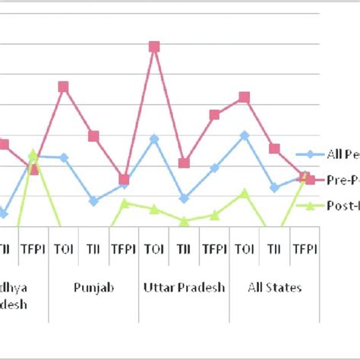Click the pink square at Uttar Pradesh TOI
coord(154,46)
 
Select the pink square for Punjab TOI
coord(63,87)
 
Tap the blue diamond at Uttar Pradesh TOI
coord(154,139)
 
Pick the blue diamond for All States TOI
coord(245,135)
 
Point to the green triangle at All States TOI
coord(245,194)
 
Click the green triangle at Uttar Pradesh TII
coord(184,221)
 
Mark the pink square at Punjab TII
coord(93,136)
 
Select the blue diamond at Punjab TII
coord(93,201)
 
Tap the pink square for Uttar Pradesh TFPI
coord(214,115)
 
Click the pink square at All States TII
coord(274,148)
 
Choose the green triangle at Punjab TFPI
coord(124,203)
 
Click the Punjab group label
coord(93,288)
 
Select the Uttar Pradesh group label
coord(184,288)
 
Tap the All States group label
coord(274,288)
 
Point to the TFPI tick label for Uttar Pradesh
coord(214,248)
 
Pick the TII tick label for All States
coord(274,248)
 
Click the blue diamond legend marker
coord(310,154)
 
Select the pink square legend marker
coord(310,180)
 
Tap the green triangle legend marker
coord(310,205)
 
